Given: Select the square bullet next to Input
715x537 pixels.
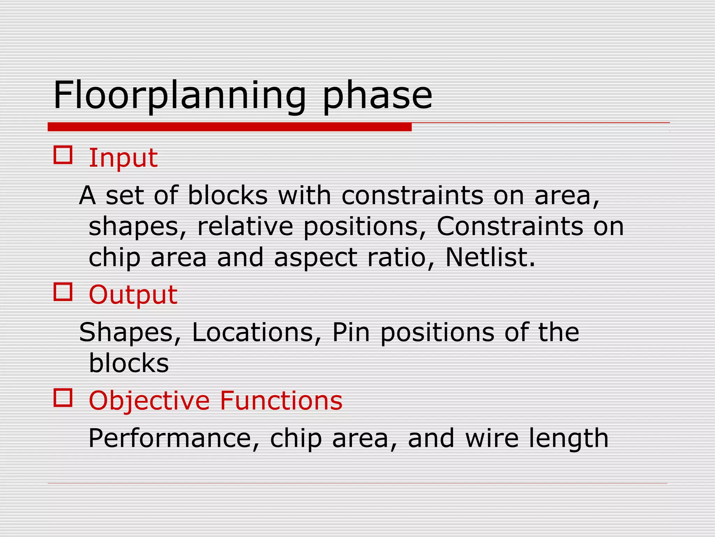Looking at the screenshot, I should pos(63,155).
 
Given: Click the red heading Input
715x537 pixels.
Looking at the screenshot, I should pos(123,158).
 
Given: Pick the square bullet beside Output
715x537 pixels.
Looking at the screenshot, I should pos(63,292).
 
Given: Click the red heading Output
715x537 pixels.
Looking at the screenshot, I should pos(133,295).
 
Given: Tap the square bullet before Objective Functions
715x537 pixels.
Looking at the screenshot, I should pos(63,398).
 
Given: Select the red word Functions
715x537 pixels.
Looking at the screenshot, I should pos(281,401).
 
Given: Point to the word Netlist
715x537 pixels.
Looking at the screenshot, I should pos(490,257).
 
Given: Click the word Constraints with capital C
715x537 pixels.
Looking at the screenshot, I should pos(510,226).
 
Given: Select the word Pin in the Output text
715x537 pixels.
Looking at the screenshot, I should pos(351,332).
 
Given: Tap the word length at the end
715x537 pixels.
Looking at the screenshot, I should pos(569,439).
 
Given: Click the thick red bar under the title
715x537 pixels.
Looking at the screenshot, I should pos(229,127).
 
